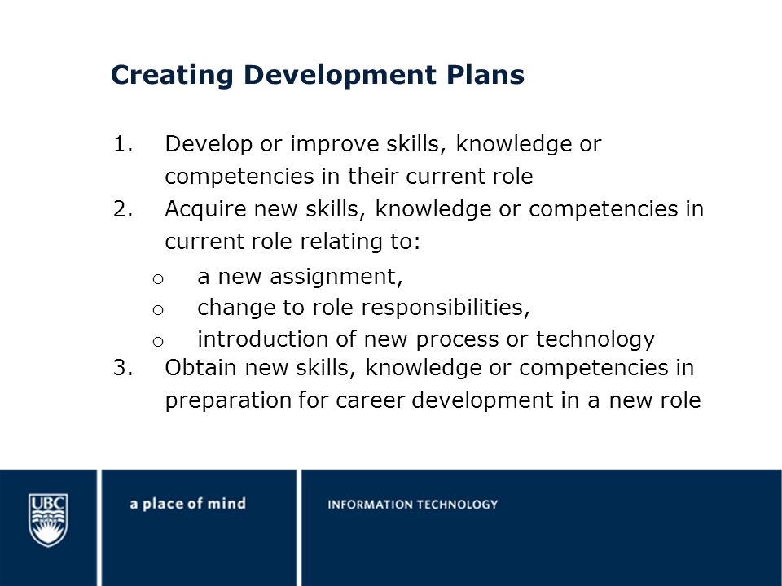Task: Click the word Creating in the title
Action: (172, 75)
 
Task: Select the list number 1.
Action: (123, 144)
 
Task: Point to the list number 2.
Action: (123, 209)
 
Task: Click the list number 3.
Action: (123, 368)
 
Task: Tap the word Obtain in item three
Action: (201, 368)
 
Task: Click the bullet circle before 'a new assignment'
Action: (158, 279)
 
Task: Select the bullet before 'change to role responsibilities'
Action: (158, 310)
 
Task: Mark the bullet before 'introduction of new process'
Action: (158, 341)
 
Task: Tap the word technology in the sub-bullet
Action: (595, 340)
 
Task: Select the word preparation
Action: (228, 401)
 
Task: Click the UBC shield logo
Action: (48, 520)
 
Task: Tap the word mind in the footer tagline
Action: (226, 503)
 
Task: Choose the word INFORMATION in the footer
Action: (368, 505)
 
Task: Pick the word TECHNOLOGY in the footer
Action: (455, 505)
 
